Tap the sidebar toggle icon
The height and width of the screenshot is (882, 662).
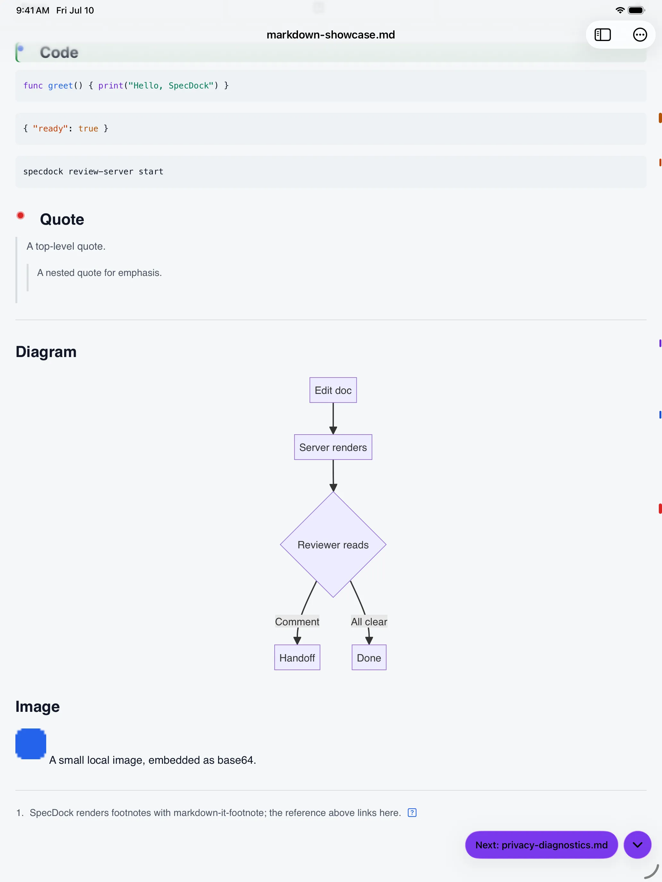pyautogui.click(x=603, y=35)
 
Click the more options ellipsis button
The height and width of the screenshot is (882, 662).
pyautogui.click(x=640, y=35)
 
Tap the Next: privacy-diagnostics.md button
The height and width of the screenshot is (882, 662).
pyautogui.click(x=541, y=845)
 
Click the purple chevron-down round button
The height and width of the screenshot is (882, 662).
pyautogui.click(x=637, y=845)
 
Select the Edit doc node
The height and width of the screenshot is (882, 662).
pyautogui.click(x=333, y=390)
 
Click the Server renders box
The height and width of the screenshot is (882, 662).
pyautogui.click(x=333, y=447)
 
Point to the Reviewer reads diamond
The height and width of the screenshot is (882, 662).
pyautogui.click(x=333, y=545)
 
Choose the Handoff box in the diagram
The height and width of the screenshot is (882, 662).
pyautogui.click(x=297, y=658)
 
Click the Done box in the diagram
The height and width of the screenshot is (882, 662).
pyautogui.click(x=369, y=658)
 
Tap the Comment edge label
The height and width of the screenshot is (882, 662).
pyautogui.click(x=297, y=621)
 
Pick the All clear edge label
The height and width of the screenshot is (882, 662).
pyautogui.click(x=369, y=621)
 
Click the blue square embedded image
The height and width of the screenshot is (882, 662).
pyautogui.click(x=31, y=744)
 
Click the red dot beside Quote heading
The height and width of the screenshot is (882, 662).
pyautogui.click(x=20, y=215)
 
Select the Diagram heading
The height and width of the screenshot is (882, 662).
pyautogui.click(x=46, y=352)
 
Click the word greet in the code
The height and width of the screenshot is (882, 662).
pyautogui.click(x=60, y=85)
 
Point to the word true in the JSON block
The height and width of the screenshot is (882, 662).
pyautogui.click(x=88, y=129)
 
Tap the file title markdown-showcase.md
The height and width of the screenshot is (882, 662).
pyautogui.click(x=331, y=35)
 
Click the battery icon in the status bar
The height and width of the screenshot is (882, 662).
pyautogui.click(x=636, y=10)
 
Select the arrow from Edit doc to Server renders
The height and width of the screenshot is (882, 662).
pyautogui.click(x=333, y=418)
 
